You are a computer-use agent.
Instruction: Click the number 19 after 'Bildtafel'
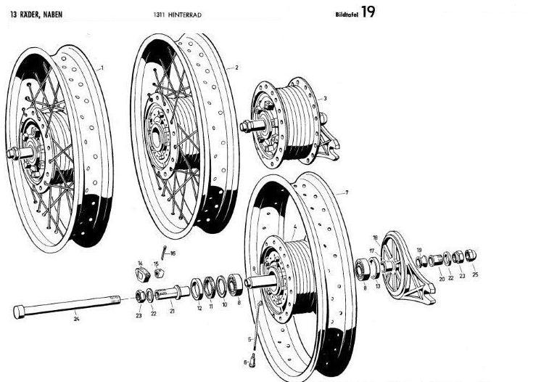pos(368,12)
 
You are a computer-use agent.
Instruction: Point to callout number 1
pos(102,68)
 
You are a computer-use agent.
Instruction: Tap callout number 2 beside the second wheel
pos(237,68)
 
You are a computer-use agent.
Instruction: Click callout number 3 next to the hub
pos(325,98)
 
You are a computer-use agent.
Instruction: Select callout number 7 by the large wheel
pos(347,192)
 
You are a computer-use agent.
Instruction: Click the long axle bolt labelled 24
pos(65,306)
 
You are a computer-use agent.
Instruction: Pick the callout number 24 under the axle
pos(75,317)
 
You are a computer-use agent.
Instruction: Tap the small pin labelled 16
pos(165,251)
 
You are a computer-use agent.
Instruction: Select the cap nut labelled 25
pos(470,255)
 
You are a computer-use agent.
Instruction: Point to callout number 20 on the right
pos(442,277)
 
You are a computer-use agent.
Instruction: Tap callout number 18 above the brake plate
pos(375,237)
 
